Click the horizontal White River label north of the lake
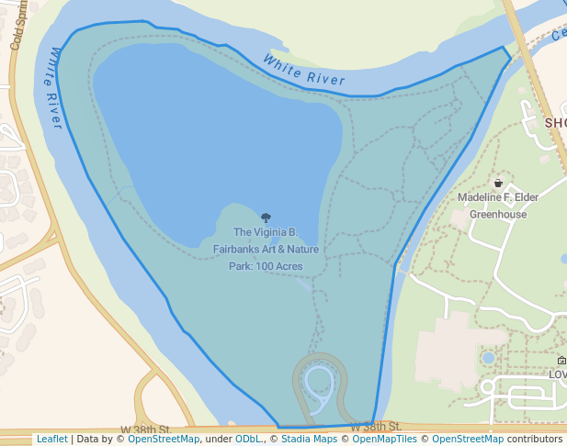pyautogui.click(x=303, y=71)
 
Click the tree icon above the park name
pyautogui.click(x=266, y=218)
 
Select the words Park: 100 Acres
pyautogui.click(x=266, y=266)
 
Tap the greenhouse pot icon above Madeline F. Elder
pyautogui.click(x=498, y=183)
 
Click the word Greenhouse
pyautogui.click(x=498, y=215)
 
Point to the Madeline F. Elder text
pyautogui.click(x=498, y=197)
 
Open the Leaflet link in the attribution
pyautogui.click(x=51, y=439)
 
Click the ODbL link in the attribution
pyautogui.click(x=249, y=439)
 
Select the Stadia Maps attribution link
pyautogui.click(x=309, y=439)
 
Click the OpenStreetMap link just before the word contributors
pyautogui.click(x=467, y=439)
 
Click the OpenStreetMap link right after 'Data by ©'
pyautogui.click(x=163, y=439)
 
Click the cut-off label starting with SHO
pyautogui.click(x=555, y=123)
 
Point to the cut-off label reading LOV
pyautogui.click(x=557, y=374)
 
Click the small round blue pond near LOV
pyautogui.click(x=488, y=357)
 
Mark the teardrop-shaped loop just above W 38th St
pyautogui.click(x=319, y=386)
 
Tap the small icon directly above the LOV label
pyautogui.click(x=561, y=361)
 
